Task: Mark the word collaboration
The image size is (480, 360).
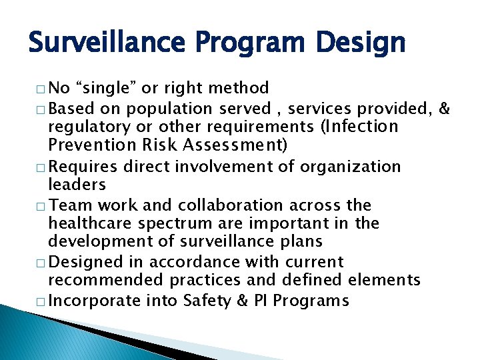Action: (x=217, y=205)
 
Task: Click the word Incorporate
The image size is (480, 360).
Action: (x=95, y=301)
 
